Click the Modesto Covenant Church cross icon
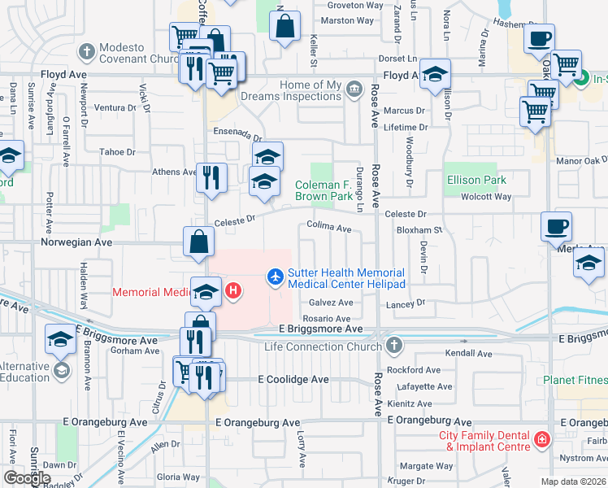87,52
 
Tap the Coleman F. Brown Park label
324,190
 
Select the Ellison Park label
476,180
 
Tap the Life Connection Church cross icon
394,345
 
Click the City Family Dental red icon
541,441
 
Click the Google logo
27,477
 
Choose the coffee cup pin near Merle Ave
556,226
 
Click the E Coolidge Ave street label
293,379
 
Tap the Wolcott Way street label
485,196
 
